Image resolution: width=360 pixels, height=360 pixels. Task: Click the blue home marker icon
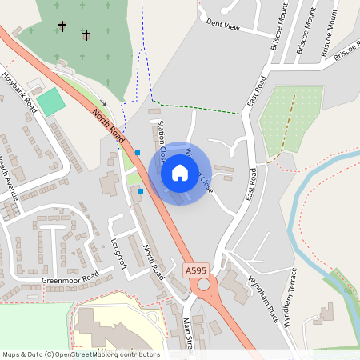coord(180,172)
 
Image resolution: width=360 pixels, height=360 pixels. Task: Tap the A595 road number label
coord(195,270)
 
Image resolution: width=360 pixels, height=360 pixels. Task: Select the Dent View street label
coord(222,26)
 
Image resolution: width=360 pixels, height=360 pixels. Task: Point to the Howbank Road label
coord(19,91)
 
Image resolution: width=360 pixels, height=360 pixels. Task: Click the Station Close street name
coord(162,138)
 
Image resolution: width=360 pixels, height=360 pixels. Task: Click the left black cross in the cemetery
coord(62,26)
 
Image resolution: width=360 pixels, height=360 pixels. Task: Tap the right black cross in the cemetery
coord(86,34)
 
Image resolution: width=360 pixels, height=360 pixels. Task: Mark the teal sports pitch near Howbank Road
coord(50,102)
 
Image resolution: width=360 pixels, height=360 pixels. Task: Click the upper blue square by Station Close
coord(138,152)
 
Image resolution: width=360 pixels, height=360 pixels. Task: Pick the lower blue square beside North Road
coord(141,191)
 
